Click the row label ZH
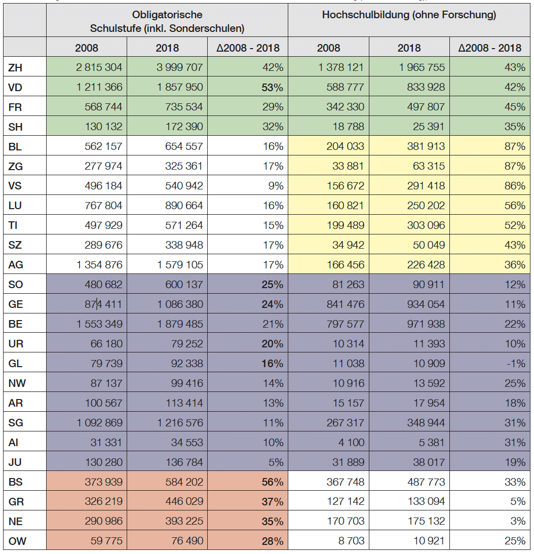click(x=16, y=67)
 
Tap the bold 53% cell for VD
click(x=272, y=87)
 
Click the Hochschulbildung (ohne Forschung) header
click(x=409, y=15)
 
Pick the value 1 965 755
click(x=421, y=67)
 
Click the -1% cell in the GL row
click(x=515, y=364)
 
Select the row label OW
click(x=17, y=541)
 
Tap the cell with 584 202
click(x=181, y=482)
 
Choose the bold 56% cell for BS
click(x=272, y=482)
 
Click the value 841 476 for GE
click(x=346, y=304)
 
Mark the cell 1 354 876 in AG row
click(x=99, y=265)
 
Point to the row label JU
click(x=16, y=462)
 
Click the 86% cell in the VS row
click(x=515, y=186)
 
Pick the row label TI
click(x=14, y=225)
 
